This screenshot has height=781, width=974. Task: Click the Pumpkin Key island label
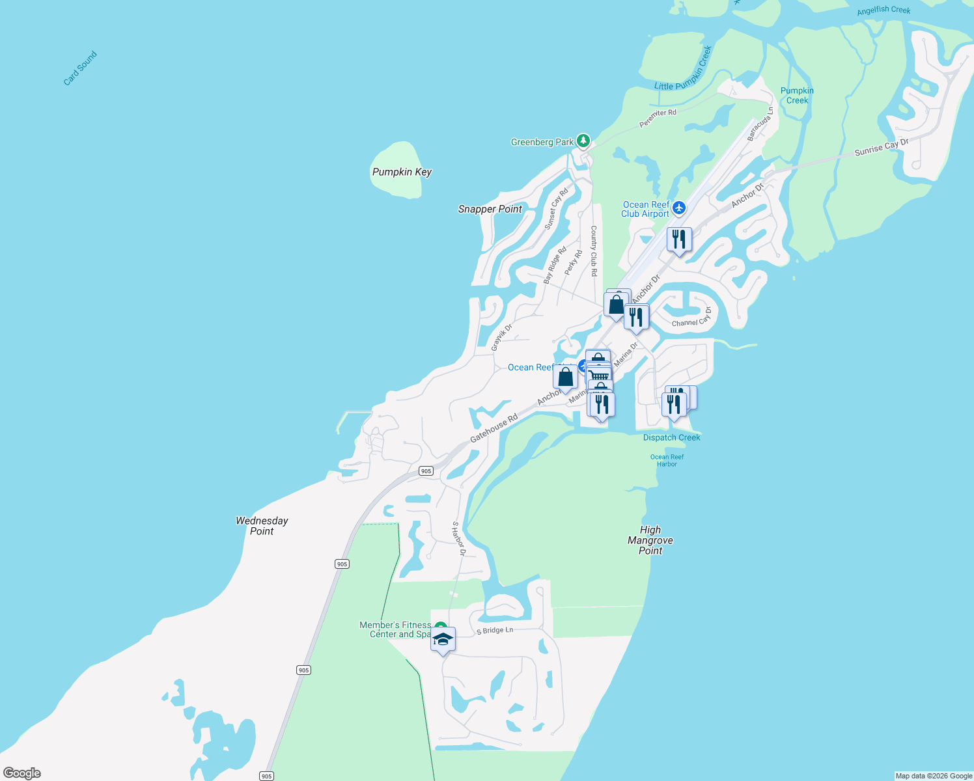click(402, 172)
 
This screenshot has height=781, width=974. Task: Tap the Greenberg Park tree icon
click(583, 141)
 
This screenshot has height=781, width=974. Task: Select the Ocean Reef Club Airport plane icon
click(679, 208)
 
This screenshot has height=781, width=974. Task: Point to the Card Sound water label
click(80, 68)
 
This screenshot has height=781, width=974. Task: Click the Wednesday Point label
click(262, 526)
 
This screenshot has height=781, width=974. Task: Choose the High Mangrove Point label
click(650, 540)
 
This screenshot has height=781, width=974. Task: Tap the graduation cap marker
click(443, 640)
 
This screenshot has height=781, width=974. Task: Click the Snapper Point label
click(490, 209)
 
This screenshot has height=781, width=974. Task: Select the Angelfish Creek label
click(884, 10)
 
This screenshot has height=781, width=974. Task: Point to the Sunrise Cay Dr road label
click(881, 148)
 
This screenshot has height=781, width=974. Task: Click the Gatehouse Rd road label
click(494, 428)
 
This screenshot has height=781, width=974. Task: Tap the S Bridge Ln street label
click(495, 631)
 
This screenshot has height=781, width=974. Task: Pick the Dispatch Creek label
click(671, 437)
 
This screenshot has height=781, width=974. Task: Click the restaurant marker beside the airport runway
click(679, 240)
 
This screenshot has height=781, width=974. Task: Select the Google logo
click(22, 773)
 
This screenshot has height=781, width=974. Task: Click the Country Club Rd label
click(594, 251)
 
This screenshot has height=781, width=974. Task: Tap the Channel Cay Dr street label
click(691, 318)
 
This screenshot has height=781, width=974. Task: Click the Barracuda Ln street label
click(760, 124)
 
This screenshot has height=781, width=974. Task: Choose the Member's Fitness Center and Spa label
click(396, 629)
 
